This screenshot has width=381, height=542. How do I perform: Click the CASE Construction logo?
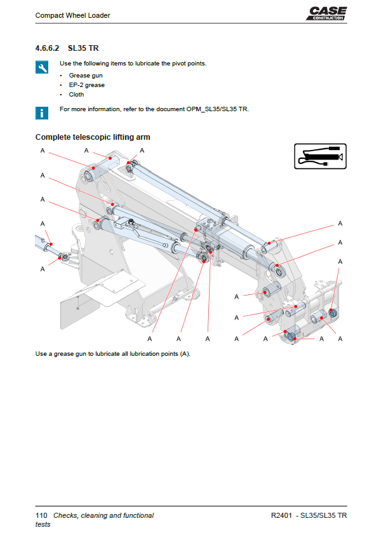click(328, 13)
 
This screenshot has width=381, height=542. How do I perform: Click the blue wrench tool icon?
click(41, 67)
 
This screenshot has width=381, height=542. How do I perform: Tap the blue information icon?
click(41, 112)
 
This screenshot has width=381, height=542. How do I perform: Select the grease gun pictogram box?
click(320, 156)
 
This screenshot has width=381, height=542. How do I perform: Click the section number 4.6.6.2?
click(47, 48)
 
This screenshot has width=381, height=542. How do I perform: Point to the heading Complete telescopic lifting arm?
click(93, 137)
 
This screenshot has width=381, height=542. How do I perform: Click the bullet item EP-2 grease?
click(87, 85)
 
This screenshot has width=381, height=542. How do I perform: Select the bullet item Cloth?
click(76, 95)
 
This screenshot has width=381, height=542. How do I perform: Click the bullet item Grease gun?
click(86, 76)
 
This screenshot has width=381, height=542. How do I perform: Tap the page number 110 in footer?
click(41, 515)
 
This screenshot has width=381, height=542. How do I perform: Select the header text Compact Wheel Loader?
click(72, 15)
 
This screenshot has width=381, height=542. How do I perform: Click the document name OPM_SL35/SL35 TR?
click(217, 109)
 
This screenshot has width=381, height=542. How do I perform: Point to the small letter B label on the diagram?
click(43, 241)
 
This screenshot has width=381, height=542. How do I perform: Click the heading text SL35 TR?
click(83, 48)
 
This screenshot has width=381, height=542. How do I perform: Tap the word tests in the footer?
click(43, 524)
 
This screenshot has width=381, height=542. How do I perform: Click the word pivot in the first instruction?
click(175, 64)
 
